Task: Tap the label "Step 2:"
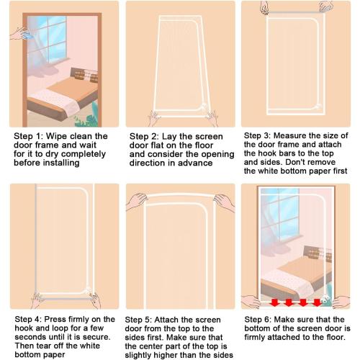[144, 136]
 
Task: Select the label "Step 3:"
[259, 135]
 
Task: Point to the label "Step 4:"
[27, 318]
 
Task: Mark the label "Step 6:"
[259, 318]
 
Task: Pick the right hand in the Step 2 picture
[210, 114]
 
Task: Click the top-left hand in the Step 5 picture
[137, 202]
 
